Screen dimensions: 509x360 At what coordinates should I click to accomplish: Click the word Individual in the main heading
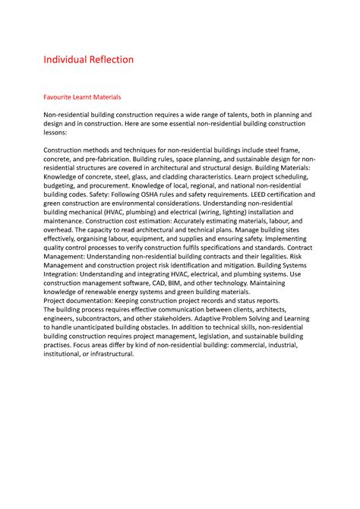(x=66, y=59)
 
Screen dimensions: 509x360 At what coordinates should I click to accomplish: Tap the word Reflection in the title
(x=112, y=59)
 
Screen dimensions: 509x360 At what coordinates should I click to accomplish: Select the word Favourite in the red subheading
(x=60, y=97)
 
